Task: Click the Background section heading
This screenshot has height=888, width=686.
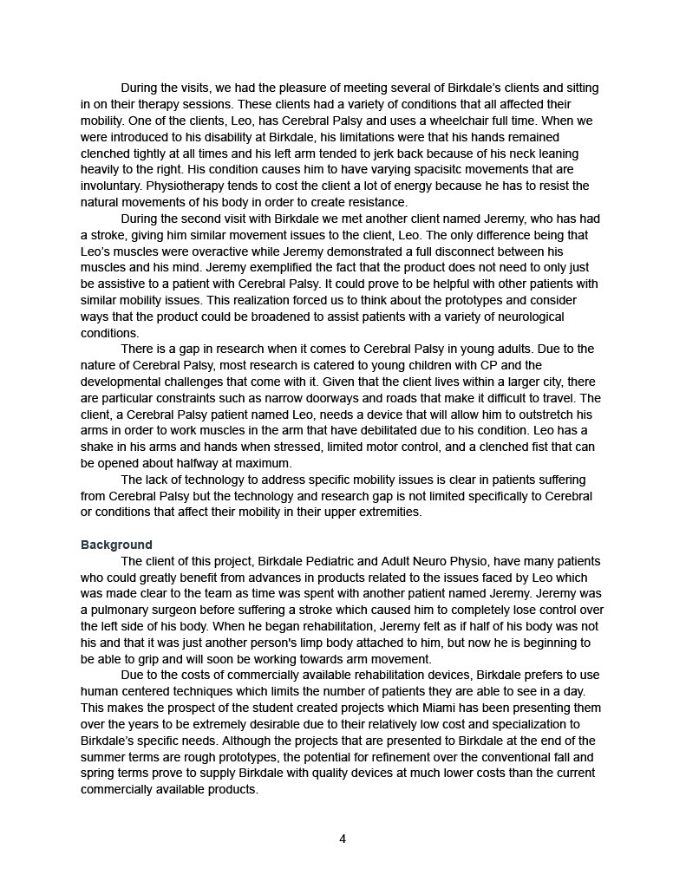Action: (x=116, y=545)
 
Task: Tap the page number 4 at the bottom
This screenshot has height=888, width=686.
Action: (x=343, y=839)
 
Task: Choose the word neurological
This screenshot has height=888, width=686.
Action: (x=528, y=317)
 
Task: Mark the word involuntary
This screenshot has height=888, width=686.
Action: (x=111, y=186)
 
